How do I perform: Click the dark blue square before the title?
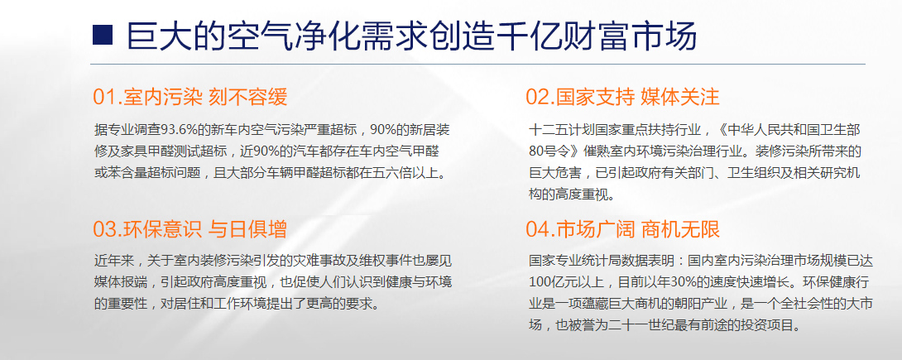coord(103,35)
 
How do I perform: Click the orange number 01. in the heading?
coord(108,97)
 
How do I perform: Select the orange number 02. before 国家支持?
coord(540,97)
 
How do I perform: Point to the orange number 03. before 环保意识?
coord(108,229)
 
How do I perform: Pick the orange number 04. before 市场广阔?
coord(540,229)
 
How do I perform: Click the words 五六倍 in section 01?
coord(388,172)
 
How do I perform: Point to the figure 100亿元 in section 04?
coord(550,282)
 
